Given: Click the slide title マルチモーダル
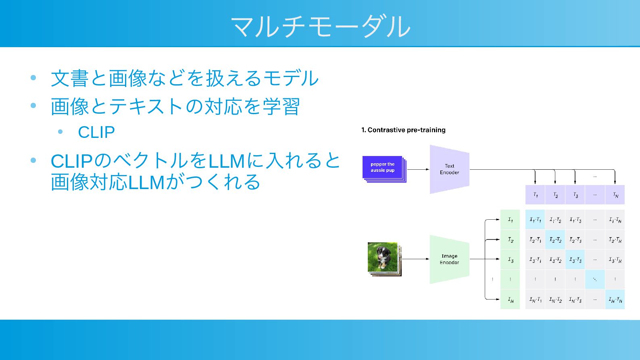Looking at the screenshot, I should point(320,26).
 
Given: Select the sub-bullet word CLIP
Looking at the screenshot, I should point(96,132).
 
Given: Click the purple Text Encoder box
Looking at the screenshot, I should point(449,169).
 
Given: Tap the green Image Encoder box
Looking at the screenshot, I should point(449,259).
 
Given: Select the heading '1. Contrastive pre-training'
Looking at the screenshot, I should point(403,130).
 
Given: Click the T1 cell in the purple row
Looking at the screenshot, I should point(535,195).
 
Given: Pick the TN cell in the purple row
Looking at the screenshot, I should point(615,195).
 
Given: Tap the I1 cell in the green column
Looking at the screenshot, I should point(510,220).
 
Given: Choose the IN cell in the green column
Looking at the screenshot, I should point(510,300).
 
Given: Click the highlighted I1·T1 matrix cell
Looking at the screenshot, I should point(535,220).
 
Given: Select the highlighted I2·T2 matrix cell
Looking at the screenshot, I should point(555,239).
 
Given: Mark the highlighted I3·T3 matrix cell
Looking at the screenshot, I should point(575,260).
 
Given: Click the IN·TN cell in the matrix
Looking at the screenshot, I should point(615,300).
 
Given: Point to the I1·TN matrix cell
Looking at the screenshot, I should point(615,220).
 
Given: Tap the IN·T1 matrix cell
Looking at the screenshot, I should point(535,300).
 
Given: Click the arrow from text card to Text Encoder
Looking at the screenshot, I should point(418,169).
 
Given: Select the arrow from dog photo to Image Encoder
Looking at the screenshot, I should point(415,259).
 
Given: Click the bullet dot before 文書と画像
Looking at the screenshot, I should point(33,78).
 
